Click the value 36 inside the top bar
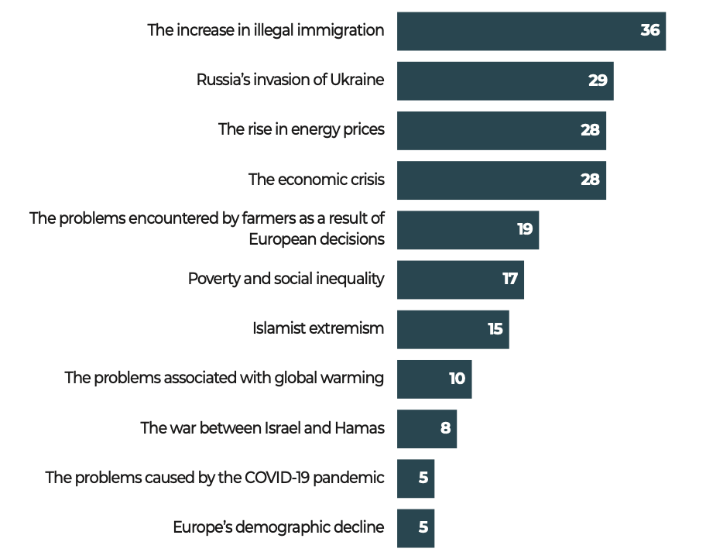649,31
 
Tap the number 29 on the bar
598,81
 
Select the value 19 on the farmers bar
525,230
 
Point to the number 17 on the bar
509,279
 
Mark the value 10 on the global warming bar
457,379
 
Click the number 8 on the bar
445,428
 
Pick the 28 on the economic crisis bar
590,180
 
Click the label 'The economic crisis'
316,180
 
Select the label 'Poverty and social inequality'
286,279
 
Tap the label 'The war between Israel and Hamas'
262,428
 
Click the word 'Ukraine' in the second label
358,80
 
